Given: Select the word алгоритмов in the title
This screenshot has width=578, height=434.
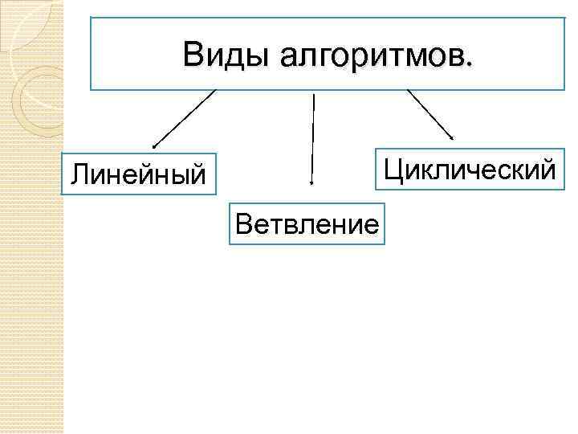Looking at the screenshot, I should (370, 55).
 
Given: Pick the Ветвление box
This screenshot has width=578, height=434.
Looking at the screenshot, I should (307, 223).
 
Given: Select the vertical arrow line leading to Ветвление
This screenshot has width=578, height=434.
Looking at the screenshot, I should (312, 137).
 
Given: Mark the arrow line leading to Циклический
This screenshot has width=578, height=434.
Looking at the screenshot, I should (430, 113).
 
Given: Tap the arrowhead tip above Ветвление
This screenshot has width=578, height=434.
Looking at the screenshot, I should (311, 184).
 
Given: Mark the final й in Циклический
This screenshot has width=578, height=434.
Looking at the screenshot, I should (547, 169).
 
